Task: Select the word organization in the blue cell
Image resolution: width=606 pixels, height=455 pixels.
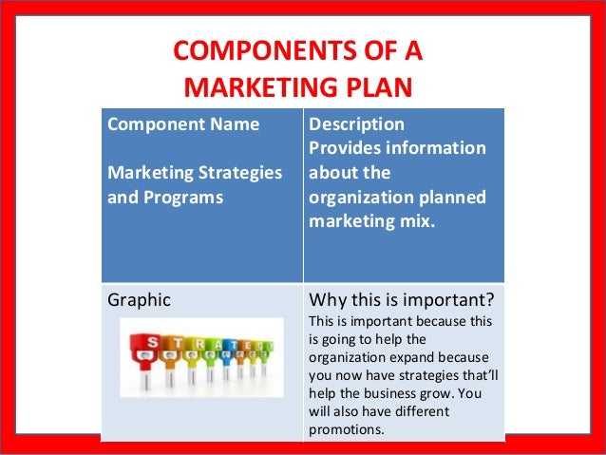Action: coord(357,199)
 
